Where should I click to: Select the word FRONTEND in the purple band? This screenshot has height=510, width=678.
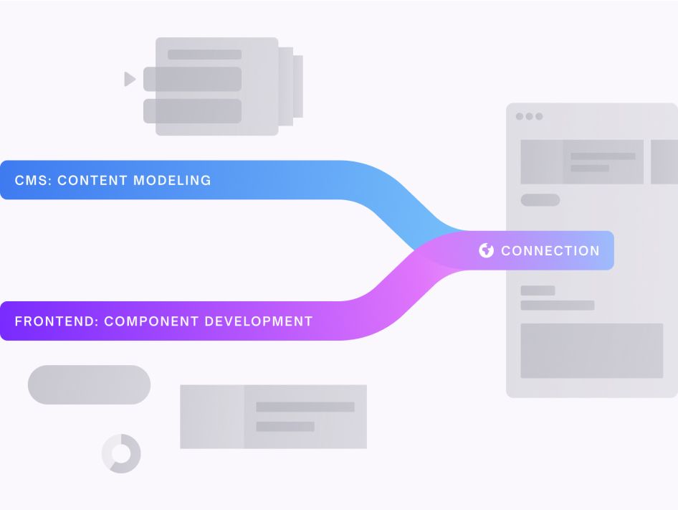pyautogui.click(x=54, y=321)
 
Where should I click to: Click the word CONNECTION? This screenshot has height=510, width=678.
pyautogui.click(x=550, y=251)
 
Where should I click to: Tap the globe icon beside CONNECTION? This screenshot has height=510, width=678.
pyautogui.click(x=487, y=250)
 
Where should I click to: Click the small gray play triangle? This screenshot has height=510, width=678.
pyautogui.click(x=129, y=79)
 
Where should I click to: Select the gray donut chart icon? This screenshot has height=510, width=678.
pyautogui.click(x=121, y=453)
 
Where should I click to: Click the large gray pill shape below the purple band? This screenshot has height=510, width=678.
pyautogui.click(x=89, y=384)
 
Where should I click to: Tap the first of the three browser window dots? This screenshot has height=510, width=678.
pyautogui.click(x=520, y=116)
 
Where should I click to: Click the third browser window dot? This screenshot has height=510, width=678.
pyautogui.click(x=539, y=116)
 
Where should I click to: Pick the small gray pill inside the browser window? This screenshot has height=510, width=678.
pyautogui.click(x=540, y=200)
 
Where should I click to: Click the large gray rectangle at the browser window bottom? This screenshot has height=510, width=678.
pyautogui.click(x=591, y=351)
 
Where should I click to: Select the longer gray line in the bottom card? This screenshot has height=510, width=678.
pyautogui.click(x=305, y=407)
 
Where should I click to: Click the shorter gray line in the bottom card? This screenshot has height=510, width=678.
pyautogui.click(x=285, y=426)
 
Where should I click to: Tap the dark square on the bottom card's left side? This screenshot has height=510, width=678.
pyautogui.click(x=211, y=417)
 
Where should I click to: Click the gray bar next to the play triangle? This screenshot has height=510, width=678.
pyautogui.click(x=192, y=79)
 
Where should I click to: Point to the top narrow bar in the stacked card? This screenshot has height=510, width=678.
pyautogui.click(x=204, y=55)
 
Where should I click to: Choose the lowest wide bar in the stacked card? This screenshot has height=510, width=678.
pyautogui.click(x=192, y=111)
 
